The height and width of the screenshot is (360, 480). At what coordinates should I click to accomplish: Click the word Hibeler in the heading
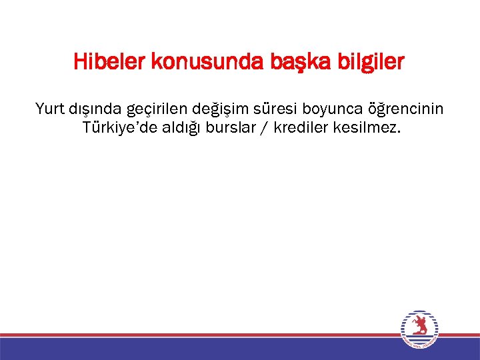[x=111, y=63]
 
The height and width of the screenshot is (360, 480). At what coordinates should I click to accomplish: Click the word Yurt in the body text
[x=50, y=108]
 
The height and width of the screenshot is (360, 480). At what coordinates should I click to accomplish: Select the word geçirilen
[x=157, y=109]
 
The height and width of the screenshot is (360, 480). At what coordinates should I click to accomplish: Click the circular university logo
[x=419, y=329]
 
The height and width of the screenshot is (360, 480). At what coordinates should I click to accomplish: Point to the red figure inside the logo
[x=419, y=326]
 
